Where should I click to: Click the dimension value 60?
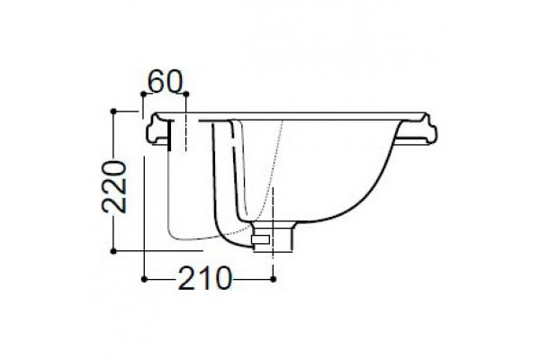[x=165, y=82]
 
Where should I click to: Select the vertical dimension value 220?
[x=114, y=186]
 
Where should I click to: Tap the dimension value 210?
[x=205, y=278]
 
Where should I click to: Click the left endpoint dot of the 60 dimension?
[x=143, y=94]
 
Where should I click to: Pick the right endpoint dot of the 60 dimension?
[x=186, y=94]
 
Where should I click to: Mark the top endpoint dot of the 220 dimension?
[x=113, y=111]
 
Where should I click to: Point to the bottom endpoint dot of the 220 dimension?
[x=113, y=251]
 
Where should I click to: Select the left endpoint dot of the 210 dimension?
[x=144, y=279]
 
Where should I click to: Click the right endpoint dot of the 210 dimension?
[x=273, y=279]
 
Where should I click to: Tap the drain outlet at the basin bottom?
[x=273, y=237]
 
